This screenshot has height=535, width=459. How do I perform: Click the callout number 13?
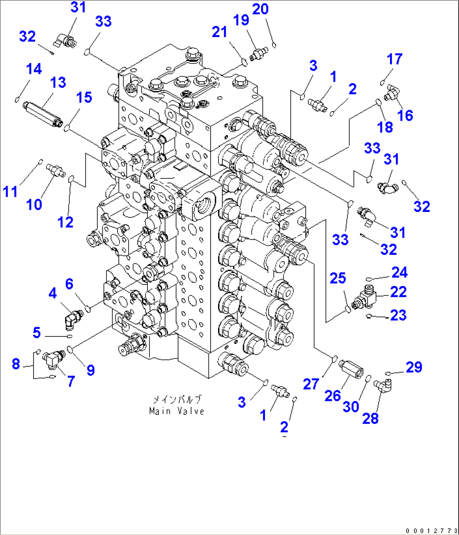(x=58, y=82)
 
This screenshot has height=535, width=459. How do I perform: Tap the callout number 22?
(x=398, y=292)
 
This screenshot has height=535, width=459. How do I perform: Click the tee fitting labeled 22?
(x=365, y=297)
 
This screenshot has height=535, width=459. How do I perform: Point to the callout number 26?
(x=332, y=395)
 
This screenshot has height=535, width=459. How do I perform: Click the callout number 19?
(x=241, y=20)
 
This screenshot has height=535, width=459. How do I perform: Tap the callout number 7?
(x=71, y=381)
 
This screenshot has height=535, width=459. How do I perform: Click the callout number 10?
(x=34, y=205)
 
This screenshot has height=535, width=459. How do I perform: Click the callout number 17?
(x=395, y=59)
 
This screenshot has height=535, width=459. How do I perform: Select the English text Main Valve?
(x=176, y=411)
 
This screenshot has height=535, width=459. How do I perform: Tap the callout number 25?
(x=338, y=278)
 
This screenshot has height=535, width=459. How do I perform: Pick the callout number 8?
(x=16, y=363)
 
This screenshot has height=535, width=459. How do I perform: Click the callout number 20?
(x=260, y=9)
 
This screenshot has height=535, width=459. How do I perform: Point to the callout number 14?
(x=34, y=69)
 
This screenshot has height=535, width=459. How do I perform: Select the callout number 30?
(x=350, y=407)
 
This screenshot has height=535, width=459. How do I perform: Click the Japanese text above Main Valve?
(x=176, y=399)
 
